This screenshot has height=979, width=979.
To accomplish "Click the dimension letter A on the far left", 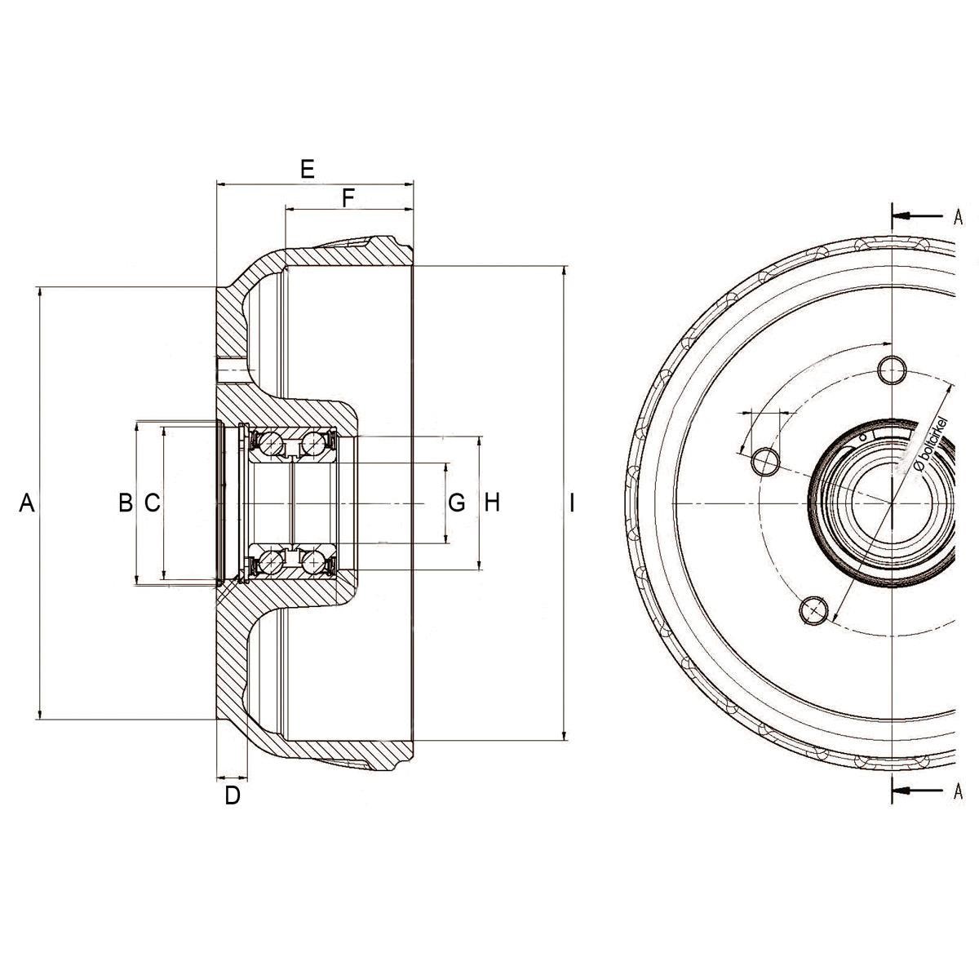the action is [27, 503].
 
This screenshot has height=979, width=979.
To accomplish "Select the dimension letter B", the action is [126, 503].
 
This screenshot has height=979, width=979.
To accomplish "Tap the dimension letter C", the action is [153, 503].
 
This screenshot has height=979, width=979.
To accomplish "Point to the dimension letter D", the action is [233, 795].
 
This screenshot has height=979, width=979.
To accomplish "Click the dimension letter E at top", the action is [308, 169].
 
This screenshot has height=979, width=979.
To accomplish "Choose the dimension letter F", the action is [348, 197].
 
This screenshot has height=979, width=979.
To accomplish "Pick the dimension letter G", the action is [457, 503].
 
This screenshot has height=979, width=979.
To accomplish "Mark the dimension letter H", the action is [492, 503].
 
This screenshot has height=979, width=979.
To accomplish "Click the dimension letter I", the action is [573, 503].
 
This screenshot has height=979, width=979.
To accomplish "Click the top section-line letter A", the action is [958, 216].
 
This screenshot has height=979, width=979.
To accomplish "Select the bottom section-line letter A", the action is [958, 791].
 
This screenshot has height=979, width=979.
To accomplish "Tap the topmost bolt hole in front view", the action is [893, 370].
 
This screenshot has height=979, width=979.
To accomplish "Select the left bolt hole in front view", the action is [765, 461].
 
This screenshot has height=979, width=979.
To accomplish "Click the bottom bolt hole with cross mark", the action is [814, 609].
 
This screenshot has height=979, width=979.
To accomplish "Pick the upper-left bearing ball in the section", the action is [272, 444].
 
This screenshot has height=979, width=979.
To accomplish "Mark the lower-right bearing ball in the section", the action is [313, 562].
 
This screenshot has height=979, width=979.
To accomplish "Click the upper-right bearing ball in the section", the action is [313, 444].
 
